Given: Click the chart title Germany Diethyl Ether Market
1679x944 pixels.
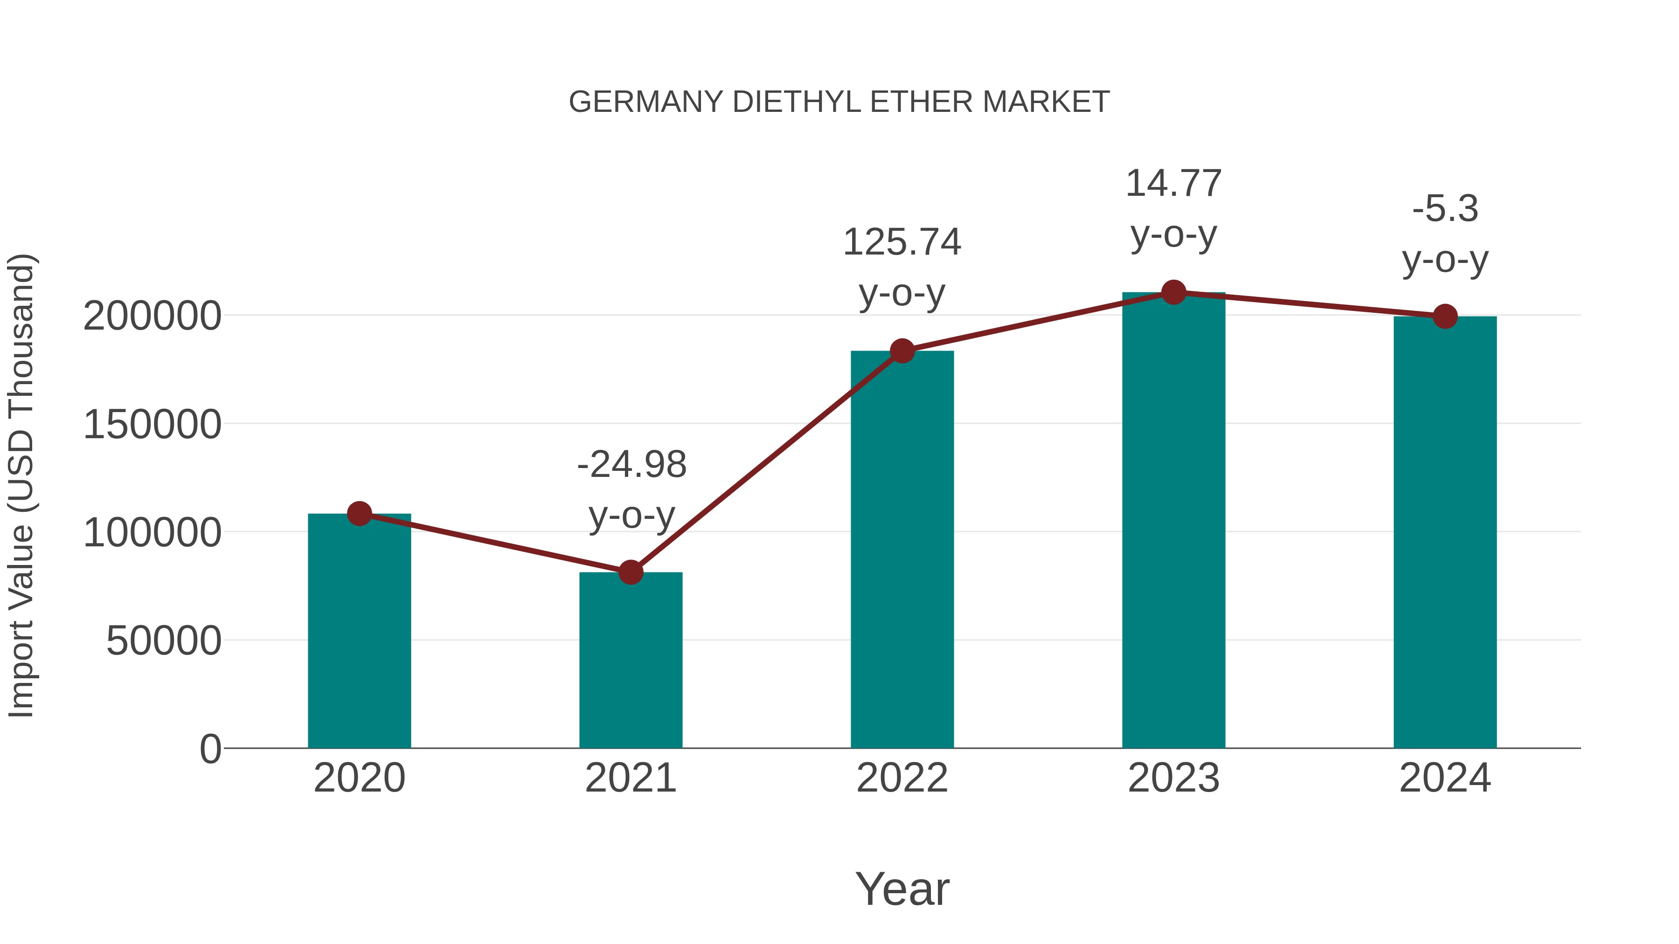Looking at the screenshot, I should (x=839, y=102).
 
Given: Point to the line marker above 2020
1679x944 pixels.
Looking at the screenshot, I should (x=359, y=514).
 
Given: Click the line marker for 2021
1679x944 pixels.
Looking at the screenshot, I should (x=630, y=572).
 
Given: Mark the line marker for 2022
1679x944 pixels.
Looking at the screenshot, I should (x=902, y=351).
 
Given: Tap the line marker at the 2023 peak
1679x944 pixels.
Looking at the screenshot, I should (x=1173, y=292).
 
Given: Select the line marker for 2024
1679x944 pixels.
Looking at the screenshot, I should (x=1445, y=317).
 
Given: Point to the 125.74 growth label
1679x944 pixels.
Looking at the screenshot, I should (x=902, y=242).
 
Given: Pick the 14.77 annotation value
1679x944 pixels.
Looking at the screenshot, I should (x=1173, y=183).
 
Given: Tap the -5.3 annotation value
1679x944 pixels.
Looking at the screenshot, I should (x=1445, y=209).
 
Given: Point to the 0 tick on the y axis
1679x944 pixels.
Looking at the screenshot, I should (x=210, y=749).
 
